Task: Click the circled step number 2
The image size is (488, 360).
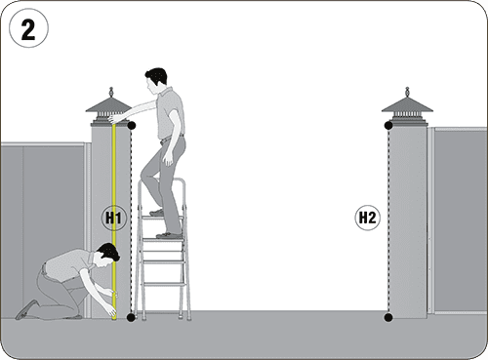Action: tap(28, 28)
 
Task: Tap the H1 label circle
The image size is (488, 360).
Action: tap(114, 218)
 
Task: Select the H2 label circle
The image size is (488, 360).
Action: tap(367, 218)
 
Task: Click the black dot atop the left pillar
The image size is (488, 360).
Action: tap(131, 126)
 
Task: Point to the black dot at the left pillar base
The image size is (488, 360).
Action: tap(131, 317)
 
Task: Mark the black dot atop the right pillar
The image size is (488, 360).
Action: tap(388, 126)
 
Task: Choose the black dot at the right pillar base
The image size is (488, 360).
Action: tap(388, 317)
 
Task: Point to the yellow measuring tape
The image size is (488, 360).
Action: tap(114, 221)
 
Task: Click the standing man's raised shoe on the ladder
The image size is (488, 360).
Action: tap(157, 213)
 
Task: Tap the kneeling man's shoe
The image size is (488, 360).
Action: tap(26, 309)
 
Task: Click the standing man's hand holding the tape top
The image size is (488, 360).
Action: tap(114, 118)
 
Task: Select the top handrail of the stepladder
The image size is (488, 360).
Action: tap(162, 180)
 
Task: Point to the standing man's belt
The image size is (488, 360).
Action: tap(172, 138)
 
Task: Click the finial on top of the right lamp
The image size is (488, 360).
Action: tap(407, 92)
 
